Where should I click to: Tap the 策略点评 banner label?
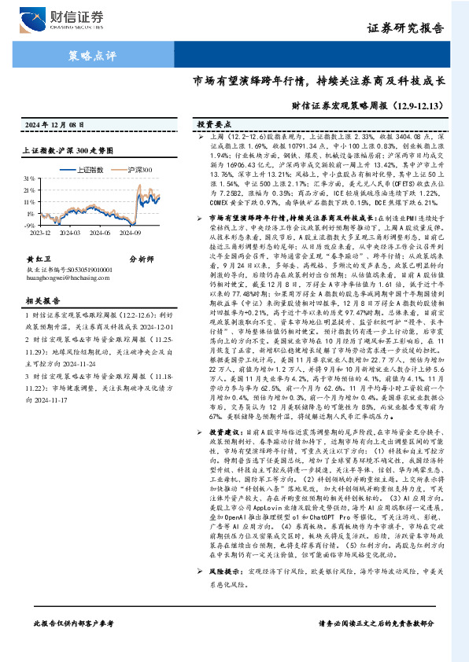[x=87, y=56]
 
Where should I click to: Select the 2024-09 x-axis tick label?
[x=131, y=232]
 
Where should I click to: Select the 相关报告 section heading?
[x=39, y=322]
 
